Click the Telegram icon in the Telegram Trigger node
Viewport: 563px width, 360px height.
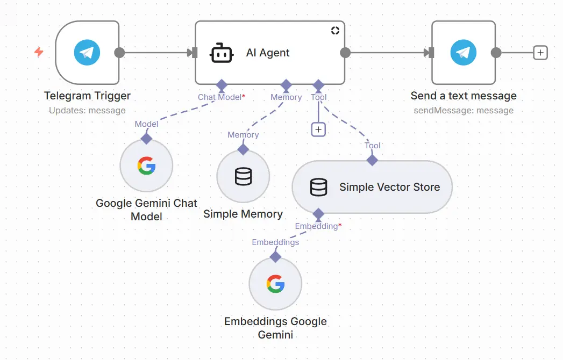[x=87, y=53]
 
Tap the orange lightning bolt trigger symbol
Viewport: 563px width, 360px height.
[x=39, y=52]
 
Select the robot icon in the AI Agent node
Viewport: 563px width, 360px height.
[x=221, y=53]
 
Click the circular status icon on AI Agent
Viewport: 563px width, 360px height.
[x=335, y=31]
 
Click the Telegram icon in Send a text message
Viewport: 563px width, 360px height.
[x=463, y=53]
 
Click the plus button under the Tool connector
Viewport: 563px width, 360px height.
[x=318, y=129]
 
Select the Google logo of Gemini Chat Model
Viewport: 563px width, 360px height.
[x=146, y=165]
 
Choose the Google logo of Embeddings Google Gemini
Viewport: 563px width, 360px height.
[x=275, y=284]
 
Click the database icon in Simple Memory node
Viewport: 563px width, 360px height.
[x=243, y=176]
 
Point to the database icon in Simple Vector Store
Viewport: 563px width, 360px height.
[x=318, y=187]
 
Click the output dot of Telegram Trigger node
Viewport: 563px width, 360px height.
[x=119, y=53]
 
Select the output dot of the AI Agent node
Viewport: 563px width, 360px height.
[x=345, y=53]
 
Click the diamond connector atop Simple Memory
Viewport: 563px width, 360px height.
[x=243, y=149]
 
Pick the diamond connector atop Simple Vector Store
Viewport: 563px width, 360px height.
[x=372, y=160]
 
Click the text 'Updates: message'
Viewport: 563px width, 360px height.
[x=87, y=111]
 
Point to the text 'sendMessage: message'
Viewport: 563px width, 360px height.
[x=463, y=111]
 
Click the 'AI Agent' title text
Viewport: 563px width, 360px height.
[x=268, y=53]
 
